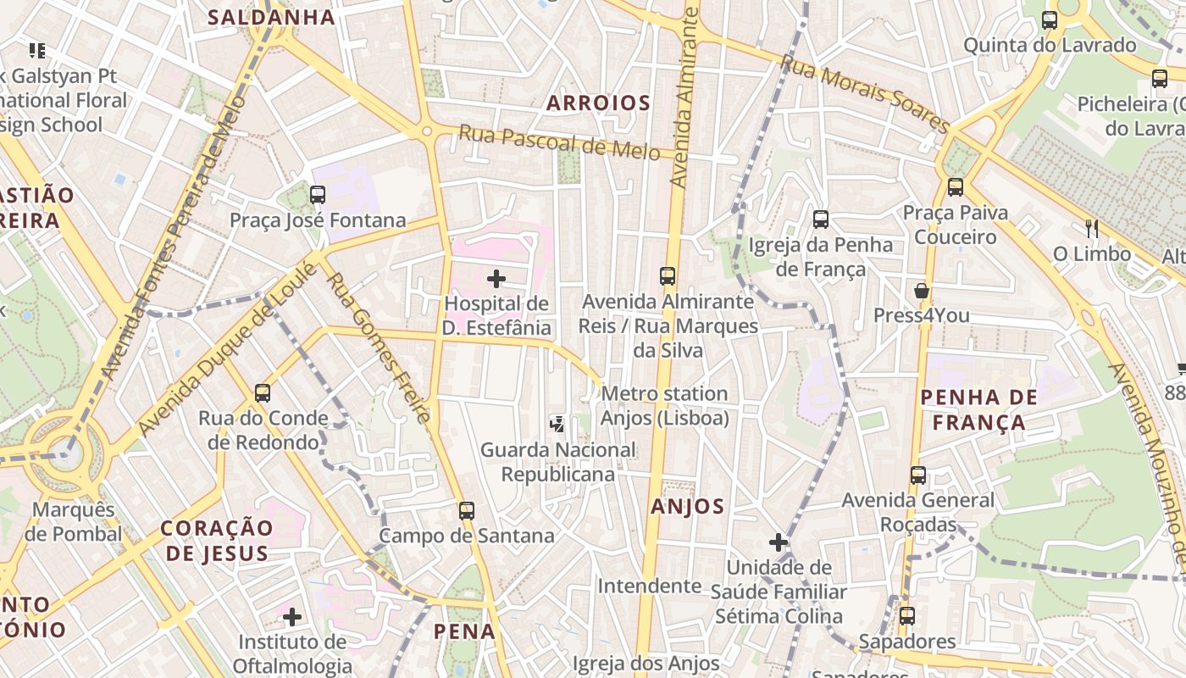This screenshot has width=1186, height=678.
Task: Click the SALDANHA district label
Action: point(271,17)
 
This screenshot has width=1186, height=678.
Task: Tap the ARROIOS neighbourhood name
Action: point(598,103)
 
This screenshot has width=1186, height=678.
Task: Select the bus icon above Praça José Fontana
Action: point(318,195)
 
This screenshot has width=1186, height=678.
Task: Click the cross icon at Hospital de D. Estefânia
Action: point(496,278)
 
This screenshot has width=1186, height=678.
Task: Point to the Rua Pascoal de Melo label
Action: point(559,142)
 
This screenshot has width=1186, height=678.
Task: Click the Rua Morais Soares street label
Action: point(864,93)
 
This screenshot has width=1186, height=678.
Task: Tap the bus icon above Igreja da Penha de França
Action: point(820,220)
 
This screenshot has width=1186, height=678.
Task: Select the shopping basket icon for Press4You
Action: point(922,291)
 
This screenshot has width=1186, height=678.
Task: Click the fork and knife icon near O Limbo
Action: point(1091,228)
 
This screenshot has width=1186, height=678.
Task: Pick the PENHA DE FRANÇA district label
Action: point(978,409)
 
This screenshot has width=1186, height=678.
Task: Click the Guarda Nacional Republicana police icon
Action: point(557,424)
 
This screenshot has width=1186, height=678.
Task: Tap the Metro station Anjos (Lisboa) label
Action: point(664,406)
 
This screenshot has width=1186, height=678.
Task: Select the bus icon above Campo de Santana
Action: point(467,510)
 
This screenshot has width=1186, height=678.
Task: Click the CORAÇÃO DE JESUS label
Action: point(217,541)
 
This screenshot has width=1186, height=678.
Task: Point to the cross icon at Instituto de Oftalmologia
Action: point(292,616)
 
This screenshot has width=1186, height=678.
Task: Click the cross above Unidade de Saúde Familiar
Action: point(779,542)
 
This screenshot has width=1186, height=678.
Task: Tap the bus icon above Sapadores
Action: point(907,615)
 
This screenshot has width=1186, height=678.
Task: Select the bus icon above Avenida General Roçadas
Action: point(918,475)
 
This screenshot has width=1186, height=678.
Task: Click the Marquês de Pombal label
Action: point(73,522)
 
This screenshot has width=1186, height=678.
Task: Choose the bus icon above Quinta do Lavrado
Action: point(1050,20)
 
